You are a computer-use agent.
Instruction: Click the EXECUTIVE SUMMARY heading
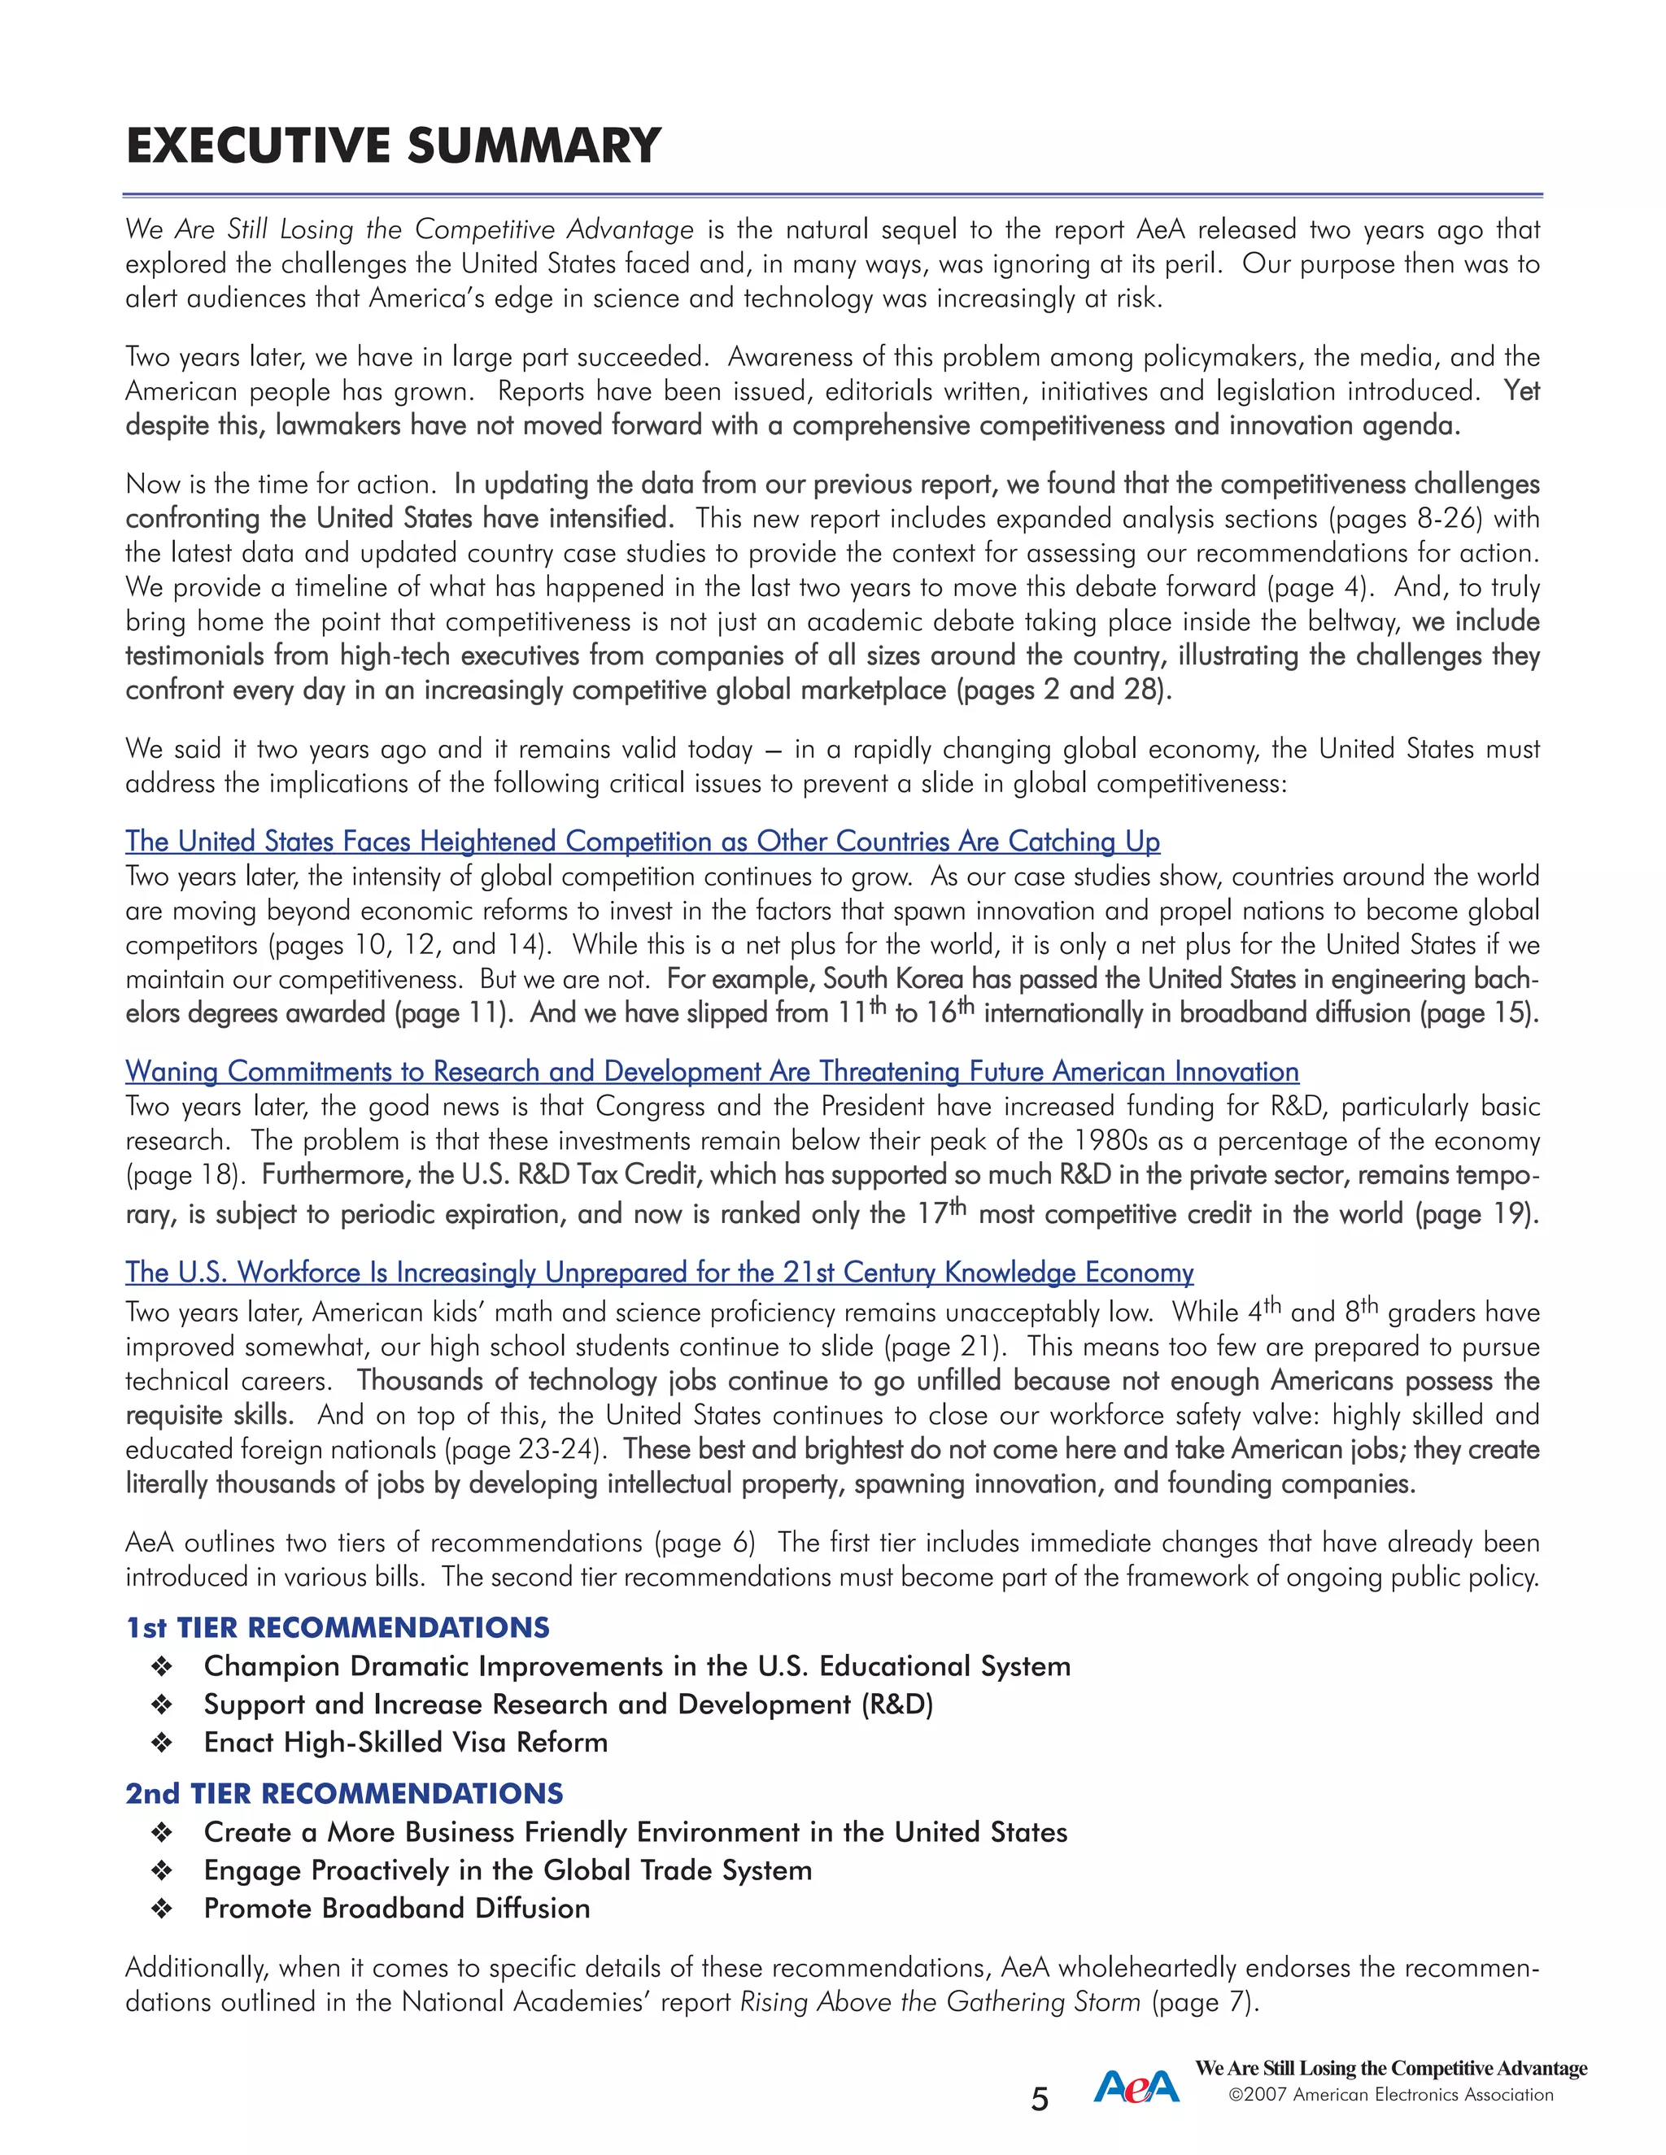pos(393,146)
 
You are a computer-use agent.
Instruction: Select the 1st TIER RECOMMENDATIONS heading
pos(338,1627)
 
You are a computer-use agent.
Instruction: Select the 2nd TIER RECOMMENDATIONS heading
pos(344,1793)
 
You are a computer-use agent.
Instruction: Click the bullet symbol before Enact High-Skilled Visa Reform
pos(162,1743)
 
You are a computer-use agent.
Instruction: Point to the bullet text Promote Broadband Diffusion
pos(397,1909)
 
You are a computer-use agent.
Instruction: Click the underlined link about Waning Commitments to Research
pos(712,1072)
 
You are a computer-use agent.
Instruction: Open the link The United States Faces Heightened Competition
pos(643,842)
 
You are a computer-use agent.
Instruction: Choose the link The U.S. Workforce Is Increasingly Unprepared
pos(659,1273)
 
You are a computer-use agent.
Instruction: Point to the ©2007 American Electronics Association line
pos(1390,2095)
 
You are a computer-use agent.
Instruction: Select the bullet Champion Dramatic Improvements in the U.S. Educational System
pos(637,1665)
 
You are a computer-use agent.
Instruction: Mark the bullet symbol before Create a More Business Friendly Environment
pos(162,1832)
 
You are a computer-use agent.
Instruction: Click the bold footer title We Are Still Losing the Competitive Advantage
pos(1390,2068)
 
